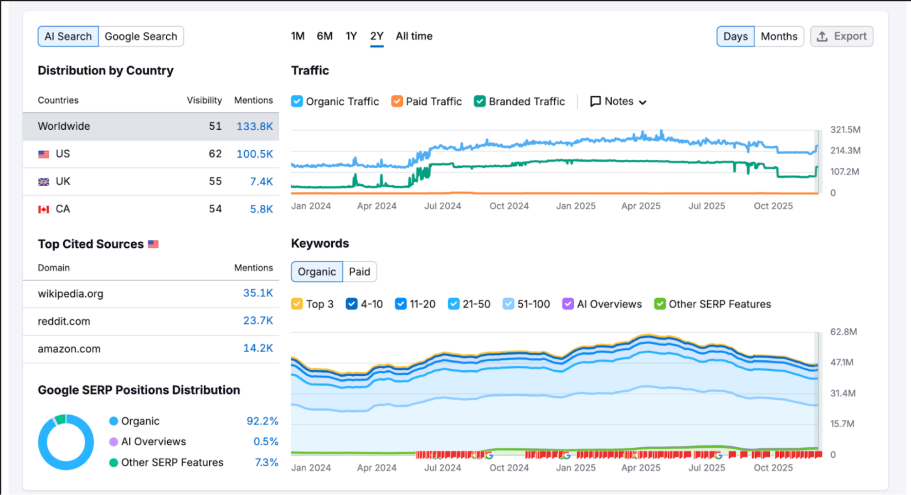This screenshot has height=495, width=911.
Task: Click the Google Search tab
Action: pyautogui.click(x=141, y=36)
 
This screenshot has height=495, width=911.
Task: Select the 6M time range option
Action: pyautogui.click(x=324, y=36)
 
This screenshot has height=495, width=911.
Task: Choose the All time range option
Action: pyautogui.click(x=414, y=36)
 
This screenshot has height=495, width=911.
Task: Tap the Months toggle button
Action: pyautogui.click(x=779, y=36)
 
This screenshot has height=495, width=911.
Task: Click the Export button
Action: pyautogui.click(x=842, y=36)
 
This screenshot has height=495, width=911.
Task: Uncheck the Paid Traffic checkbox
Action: pyautogui.click(x=397, y=101)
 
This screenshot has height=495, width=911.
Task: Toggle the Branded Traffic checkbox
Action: pyautogui.click(x=479, y=101)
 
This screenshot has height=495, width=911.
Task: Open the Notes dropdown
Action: pyautogui.click(x=618, y=101)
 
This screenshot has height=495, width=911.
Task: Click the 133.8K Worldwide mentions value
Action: pyautogui.click(x=254, y=126)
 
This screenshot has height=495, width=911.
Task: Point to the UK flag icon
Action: pyautogui.click(x=44, y=182)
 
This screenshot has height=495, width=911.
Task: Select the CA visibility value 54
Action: pyautogui.click(x=215, y=209)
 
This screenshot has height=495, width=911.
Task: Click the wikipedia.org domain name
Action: pyautogui.click(x=71, y=294)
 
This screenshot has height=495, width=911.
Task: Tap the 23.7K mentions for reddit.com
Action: pyautogui.click(x=258, y=321)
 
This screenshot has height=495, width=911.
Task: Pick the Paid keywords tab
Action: pyautogui.click(x=360, y=272)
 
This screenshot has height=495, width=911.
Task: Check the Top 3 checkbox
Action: pyautogui.click(x=297, y=304)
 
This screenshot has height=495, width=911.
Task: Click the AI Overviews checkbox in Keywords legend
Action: pyautogui.click(x=568, y=304)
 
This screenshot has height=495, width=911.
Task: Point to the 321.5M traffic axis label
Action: pyautogui.click(x=845, y=130)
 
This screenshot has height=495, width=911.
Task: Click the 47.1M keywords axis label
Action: pyautogui.click(x=842, y=362)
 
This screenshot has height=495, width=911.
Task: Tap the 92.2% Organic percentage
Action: pyautogui.click(x=262, y=421)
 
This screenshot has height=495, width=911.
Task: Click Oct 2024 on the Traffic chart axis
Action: pyautogui.click(x=509, y=206)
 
